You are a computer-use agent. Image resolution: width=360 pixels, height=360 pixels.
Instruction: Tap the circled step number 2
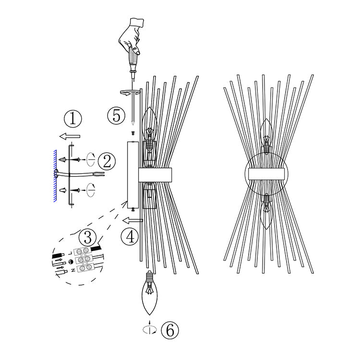point(107,161)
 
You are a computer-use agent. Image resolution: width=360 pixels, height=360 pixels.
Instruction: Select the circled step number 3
point(88,238)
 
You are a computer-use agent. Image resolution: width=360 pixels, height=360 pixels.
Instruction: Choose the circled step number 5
point(117,116)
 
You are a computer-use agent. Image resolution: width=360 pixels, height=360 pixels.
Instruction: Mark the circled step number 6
point(169,330)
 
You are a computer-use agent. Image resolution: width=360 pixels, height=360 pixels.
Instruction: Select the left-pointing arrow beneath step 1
point(70,136)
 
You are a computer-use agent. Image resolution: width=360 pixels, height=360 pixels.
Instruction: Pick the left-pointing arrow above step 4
point(132,221)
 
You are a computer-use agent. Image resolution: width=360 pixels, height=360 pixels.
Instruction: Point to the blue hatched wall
point(55,176)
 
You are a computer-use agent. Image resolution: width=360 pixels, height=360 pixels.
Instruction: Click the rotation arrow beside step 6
point(150,330)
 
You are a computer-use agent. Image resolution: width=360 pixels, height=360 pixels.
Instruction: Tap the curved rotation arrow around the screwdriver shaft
point(130,92)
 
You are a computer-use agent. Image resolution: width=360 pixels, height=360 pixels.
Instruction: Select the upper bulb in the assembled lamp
point(266,135)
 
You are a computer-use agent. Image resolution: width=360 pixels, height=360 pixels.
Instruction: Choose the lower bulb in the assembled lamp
point(266,212)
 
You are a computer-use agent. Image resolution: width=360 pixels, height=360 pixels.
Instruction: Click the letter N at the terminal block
point(73,270)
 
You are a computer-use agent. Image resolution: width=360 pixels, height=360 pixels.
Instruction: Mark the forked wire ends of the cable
point(99,174)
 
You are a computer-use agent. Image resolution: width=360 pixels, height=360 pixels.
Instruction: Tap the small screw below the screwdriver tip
point(132,132)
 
